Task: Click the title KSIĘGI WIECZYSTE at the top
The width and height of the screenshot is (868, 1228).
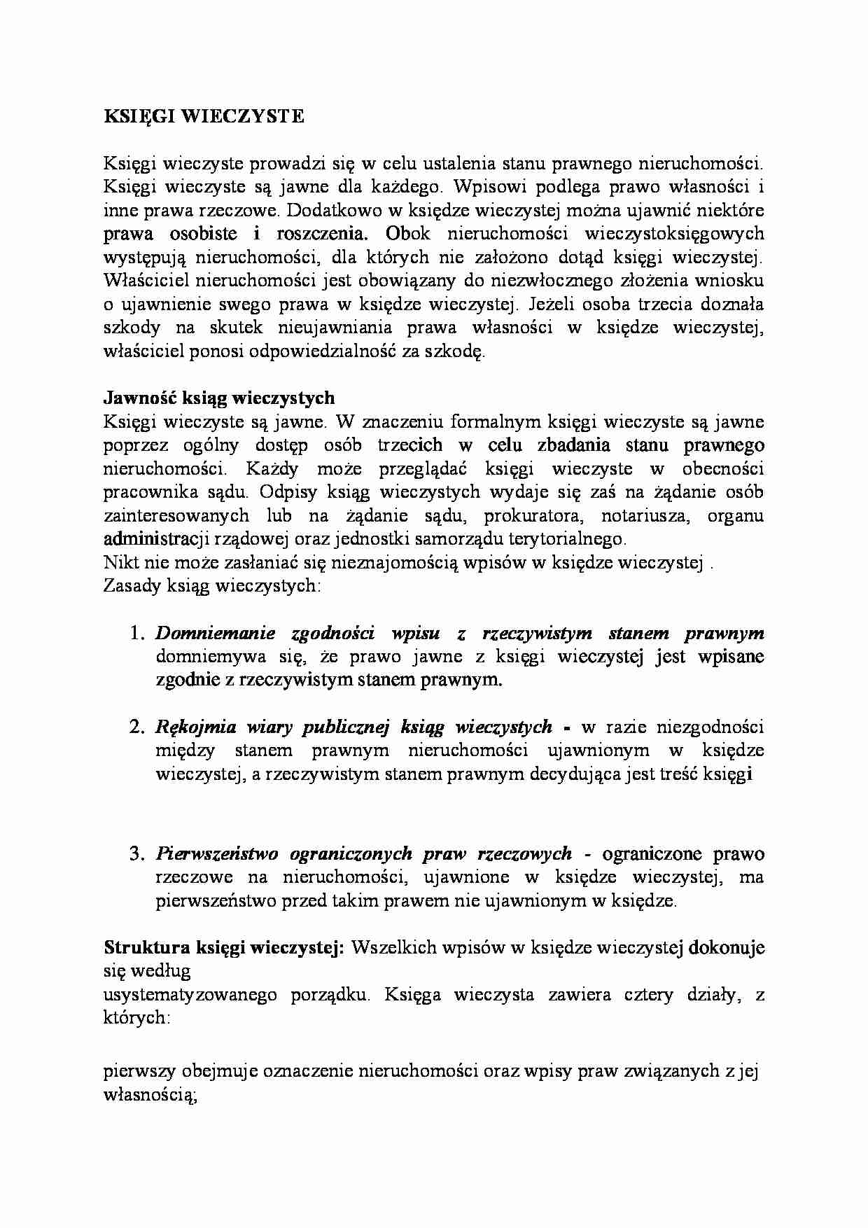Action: (x=204, y=117)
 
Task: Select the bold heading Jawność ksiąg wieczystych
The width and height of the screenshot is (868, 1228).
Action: (x=219, y=398)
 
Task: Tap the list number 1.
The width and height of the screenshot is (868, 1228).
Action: (x=136, y=634)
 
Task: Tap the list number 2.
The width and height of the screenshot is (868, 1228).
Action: (x=136, y=727)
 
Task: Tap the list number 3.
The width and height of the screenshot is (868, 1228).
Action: (x=136, y=854)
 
